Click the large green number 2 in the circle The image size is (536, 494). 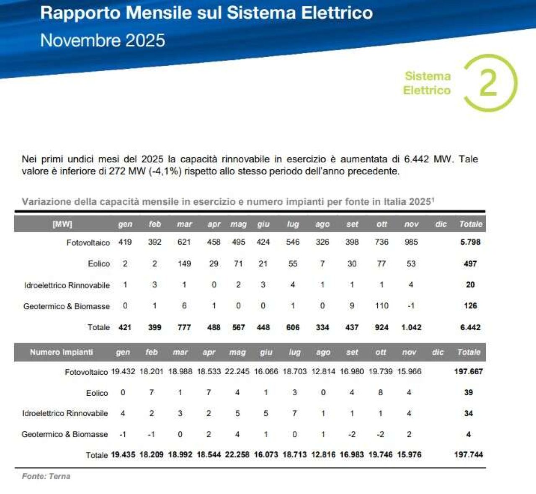point(488,83)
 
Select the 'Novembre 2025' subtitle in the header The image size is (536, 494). point(103,41)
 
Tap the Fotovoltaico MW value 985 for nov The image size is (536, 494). point(411,242)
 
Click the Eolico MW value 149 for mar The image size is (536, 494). point(184,264)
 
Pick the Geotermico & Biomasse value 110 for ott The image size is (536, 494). point(381,306)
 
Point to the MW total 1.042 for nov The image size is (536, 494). point(411,327)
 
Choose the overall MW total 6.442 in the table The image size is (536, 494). point(470,327)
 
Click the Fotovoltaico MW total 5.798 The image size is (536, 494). point(470,242)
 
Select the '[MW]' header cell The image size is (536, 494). point(62,224)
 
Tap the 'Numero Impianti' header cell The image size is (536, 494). point(62,352)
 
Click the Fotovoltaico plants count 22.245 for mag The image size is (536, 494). point(237,371)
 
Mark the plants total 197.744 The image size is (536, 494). point(468,455)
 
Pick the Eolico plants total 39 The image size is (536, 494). point(468,393)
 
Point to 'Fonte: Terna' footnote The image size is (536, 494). point(46,476)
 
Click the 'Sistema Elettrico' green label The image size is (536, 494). point(427,83)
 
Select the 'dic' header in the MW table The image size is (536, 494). point(441,224)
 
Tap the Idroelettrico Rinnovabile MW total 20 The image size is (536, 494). point(470,285)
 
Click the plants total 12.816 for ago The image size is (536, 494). point(323,455)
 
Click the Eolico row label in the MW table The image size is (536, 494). point(99,264)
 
